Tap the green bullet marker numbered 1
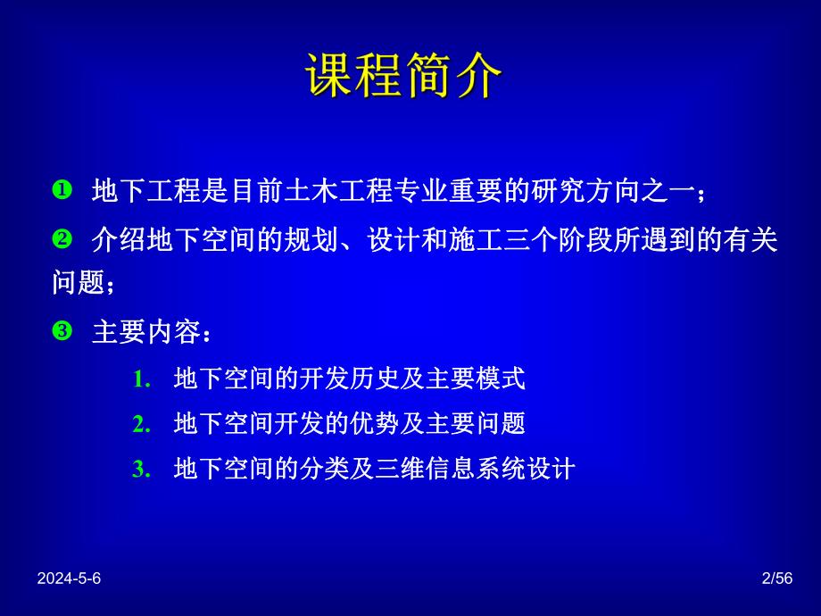[x=62, y=190]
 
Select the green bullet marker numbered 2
[x=62, y=239]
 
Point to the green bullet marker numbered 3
[x=62, y=331]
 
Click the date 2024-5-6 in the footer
[x=70, y=579]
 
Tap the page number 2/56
[x=776, y=579]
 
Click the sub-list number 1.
[x=140, y=379]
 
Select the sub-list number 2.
[x=140, y=424]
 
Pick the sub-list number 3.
[x=140, y=469]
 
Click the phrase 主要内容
[x=143, y=332]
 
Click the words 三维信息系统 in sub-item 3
[x=453, y=469]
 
